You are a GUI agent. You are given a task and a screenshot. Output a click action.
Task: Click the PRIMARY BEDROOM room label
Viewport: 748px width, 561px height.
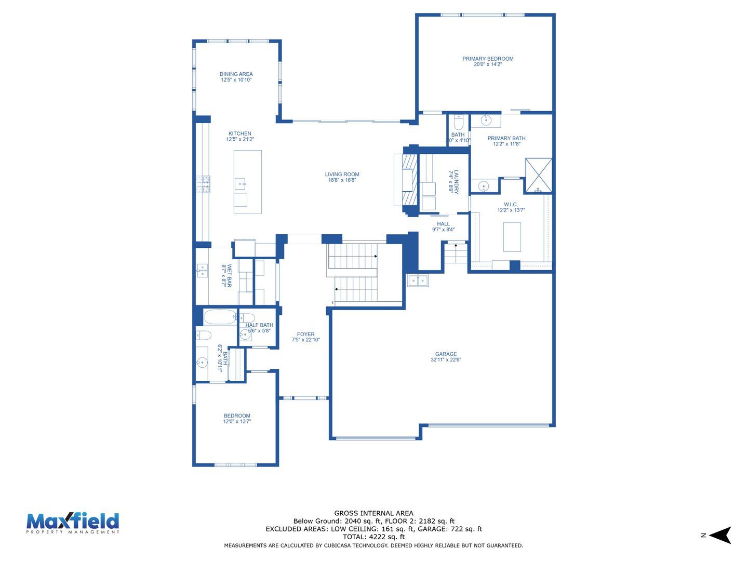488,59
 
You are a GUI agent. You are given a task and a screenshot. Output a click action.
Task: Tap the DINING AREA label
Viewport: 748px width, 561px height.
236,74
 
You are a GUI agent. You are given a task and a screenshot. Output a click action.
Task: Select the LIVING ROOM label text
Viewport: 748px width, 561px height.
342,175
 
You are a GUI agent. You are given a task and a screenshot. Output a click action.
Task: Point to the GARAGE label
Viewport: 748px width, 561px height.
446,354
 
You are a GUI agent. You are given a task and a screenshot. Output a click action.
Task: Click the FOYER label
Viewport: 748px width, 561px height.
305,334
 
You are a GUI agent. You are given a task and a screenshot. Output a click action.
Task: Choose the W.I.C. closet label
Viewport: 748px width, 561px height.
511,204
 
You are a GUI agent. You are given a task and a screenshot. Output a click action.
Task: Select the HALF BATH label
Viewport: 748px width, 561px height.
259,325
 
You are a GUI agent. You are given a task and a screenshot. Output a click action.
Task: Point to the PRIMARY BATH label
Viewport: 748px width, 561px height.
506,138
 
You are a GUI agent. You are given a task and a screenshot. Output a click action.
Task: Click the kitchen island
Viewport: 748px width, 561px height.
247,182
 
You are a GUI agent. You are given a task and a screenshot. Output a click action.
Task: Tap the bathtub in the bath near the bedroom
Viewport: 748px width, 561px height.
220,317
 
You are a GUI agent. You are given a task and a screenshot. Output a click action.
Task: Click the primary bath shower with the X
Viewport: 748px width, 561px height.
539,176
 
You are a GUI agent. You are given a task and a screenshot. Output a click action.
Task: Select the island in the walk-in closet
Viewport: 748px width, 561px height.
512,237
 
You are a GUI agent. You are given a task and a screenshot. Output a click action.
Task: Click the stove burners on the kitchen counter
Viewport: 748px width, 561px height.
203,184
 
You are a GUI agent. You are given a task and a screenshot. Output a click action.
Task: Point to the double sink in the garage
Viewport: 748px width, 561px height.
418,280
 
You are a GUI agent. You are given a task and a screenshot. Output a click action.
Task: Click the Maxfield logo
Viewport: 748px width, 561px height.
73,523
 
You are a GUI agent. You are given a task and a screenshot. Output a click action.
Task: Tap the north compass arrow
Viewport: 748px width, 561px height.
720,535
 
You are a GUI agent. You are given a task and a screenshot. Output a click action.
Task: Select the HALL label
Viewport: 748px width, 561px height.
443,224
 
